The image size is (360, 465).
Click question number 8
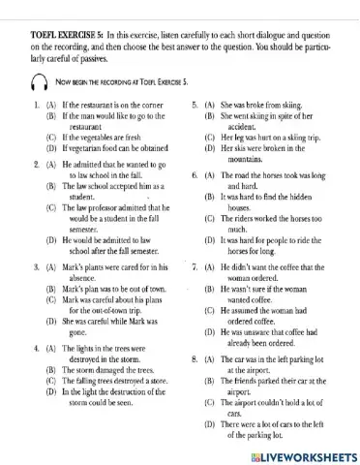coord(193,357)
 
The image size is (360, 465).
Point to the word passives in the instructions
coord(98,60)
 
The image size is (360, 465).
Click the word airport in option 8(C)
coord(250,400)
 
